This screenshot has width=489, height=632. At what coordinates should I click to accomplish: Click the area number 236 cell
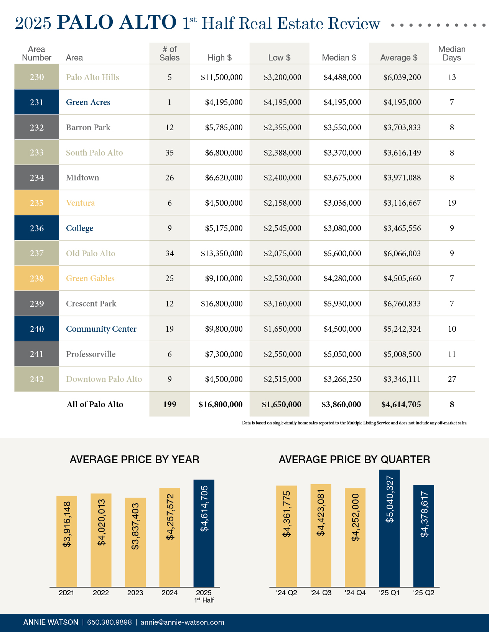point(37,228)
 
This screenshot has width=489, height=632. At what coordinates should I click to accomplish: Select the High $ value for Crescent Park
point(222,304)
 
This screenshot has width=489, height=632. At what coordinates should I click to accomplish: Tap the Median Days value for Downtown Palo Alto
point(452,379)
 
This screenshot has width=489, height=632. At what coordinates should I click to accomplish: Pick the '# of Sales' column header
point(170,54)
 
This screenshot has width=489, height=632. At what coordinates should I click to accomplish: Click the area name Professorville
point(91,354)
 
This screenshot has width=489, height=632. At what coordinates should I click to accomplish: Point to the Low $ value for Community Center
point(282,329)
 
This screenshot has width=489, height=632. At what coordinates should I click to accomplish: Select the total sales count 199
point(170,404)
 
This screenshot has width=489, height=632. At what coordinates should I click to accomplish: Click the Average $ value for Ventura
point(402,203)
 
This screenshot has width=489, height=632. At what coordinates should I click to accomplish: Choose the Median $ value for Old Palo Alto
point(342,254)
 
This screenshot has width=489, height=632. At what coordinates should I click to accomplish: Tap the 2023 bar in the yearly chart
point(135,542)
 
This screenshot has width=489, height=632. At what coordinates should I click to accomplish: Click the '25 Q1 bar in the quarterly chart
point(389,529)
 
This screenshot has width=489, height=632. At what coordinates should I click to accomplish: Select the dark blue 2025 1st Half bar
point(204,533)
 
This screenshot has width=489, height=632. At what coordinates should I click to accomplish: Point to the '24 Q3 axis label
point(321,593)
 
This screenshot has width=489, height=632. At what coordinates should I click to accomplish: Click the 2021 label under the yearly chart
point(66,593)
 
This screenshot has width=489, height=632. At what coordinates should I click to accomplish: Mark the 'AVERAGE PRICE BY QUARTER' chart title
point(354,460)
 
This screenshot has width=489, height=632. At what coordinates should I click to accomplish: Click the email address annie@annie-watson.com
point(182,622)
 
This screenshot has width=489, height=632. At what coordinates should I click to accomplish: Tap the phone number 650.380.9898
point(109,622)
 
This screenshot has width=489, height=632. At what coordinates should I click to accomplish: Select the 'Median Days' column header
point(452,54)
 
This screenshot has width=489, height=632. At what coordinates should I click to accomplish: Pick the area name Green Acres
point(88,102)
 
